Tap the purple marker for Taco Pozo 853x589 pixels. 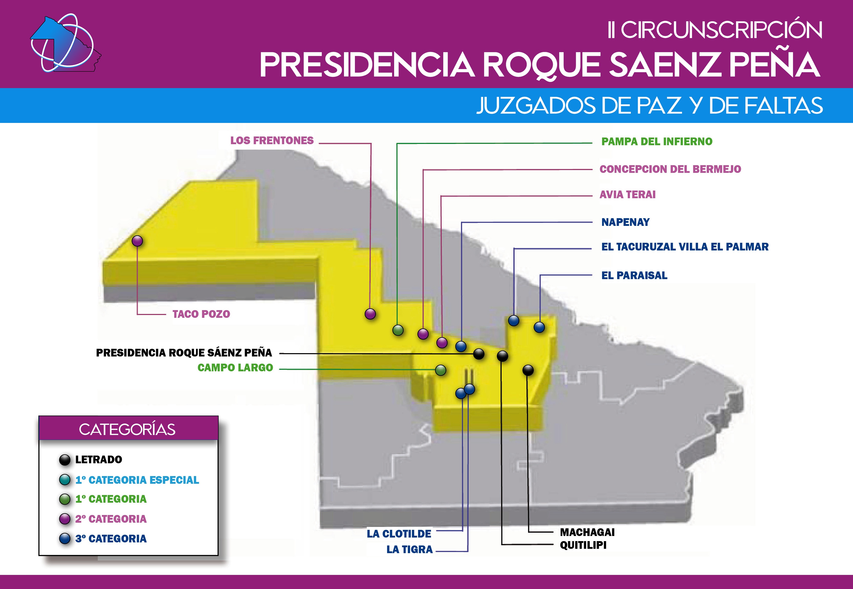coord(137,241)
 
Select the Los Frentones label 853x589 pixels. coord(272,141)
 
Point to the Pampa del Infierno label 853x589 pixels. coord(657,142)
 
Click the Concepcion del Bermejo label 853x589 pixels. coord(670,169)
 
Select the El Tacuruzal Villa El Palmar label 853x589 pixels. coord(685,247)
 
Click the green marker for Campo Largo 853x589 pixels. coord(440,370)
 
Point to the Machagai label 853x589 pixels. coord(587,532)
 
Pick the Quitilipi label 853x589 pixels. coord(583,545)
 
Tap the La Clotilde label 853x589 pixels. coord(399,534)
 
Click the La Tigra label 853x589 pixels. coord(409,550)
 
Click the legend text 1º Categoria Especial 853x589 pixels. coord(137,480)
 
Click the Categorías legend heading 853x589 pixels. coord(127,429)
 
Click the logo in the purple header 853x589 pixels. coord(66,44)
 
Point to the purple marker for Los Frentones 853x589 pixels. coord(370,314)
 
